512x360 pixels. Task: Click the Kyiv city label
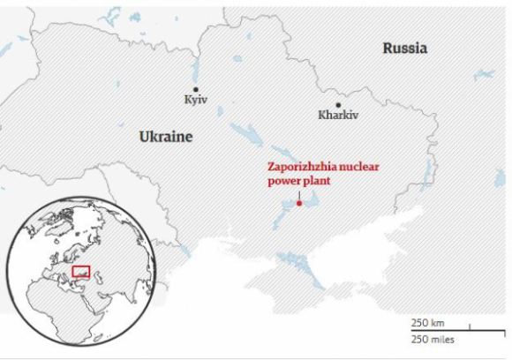(195, 101)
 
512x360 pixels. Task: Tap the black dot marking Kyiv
(196, 89)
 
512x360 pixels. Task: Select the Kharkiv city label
(338, 115)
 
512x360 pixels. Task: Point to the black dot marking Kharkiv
(338, 104)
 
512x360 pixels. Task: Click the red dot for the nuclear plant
(299, 204)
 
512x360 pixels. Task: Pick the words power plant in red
(297, 182)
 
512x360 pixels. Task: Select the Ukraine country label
(165, 137)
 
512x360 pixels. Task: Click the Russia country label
(404, 48)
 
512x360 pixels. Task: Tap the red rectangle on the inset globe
(81, 271)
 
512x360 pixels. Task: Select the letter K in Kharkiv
(321, 115)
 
